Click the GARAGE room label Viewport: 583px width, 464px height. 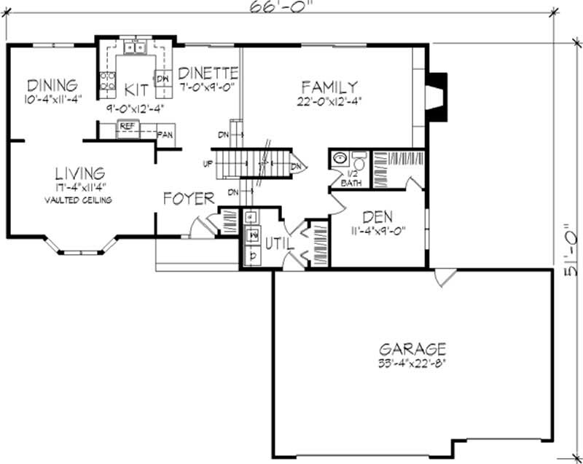(412, 349)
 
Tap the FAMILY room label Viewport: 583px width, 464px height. (329, 86)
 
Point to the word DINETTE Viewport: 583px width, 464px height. (208, 73)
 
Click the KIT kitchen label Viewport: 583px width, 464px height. (136, 90)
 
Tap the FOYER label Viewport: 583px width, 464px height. (188, 198)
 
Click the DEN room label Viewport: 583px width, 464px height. (377, 216)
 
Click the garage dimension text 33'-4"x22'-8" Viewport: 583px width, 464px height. (412, 364)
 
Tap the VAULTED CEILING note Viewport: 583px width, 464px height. (78, 200)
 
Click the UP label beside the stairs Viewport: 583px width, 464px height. (208, 163)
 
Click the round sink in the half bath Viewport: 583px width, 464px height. (339, 158)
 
